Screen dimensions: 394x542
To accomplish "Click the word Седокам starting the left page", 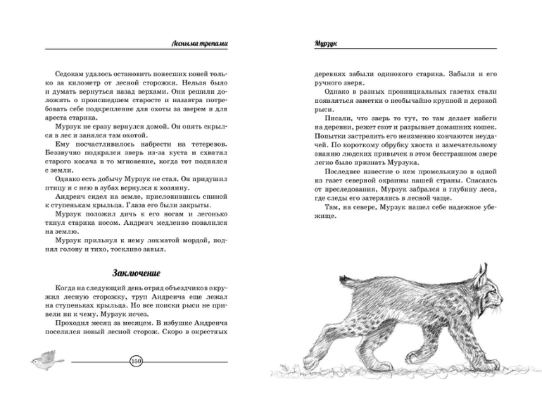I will [68, 73].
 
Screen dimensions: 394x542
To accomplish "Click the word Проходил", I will [71, 321].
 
